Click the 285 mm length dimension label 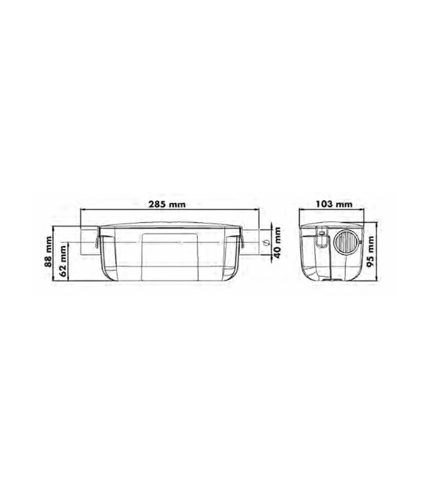[167, 204]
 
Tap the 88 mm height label [48, 252]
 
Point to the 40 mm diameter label [278, 243]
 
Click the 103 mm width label [334, 204]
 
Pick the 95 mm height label [370, 251]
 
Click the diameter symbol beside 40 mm [266, 243]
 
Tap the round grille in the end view [346, 242]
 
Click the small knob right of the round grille [360, 242]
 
